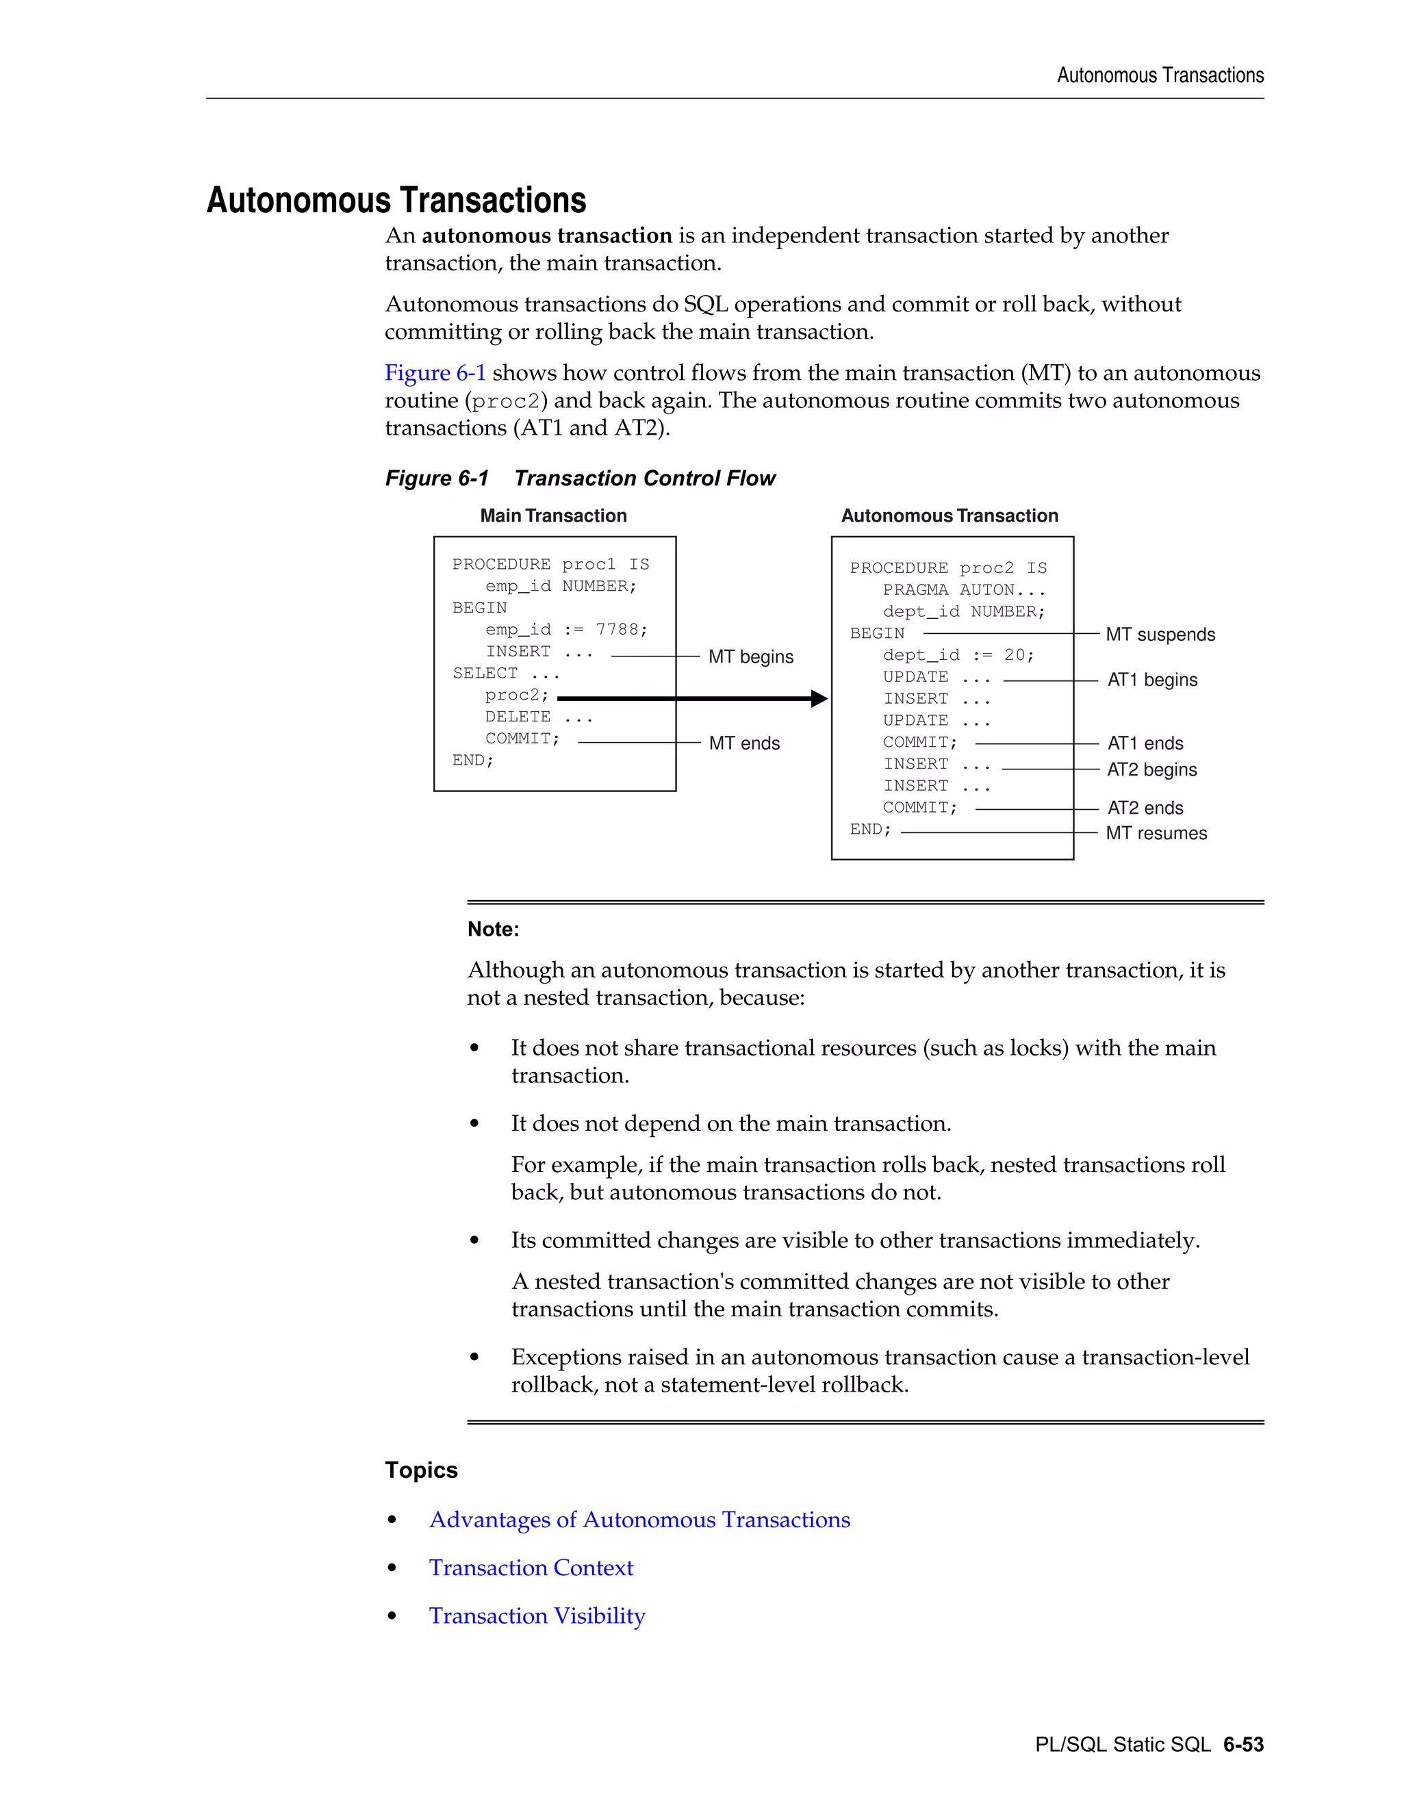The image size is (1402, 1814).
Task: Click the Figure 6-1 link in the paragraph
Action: point(435,373)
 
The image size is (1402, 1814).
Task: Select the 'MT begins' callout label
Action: point(750,657)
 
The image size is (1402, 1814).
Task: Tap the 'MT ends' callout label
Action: point(743,743)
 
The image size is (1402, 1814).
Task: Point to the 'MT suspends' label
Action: point(1160,635)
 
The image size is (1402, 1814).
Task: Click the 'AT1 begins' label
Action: point(1152,680)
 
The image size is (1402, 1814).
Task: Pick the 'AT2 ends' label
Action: point(1145,808)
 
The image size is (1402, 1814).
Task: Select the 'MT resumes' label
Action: point(1156,833)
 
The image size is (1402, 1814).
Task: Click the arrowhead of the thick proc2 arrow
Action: point(819,698)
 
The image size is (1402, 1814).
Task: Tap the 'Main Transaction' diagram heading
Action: point(553,516)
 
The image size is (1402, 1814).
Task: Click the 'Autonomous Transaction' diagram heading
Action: point(949,516)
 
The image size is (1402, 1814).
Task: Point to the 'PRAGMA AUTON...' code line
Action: point(963,589)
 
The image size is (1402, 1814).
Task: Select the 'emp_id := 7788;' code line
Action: point(566,630)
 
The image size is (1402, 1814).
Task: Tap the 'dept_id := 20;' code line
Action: point(958,655)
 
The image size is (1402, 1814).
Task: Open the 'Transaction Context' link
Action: point(531,1568)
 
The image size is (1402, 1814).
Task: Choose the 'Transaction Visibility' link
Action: point(537,1615)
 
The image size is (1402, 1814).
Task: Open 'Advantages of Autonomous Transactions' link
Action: point(639,1519)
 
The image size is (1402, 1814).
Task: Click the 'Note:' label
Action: point(494,930)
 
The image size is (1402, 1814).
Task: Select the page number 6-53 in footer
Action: point(1242,1744)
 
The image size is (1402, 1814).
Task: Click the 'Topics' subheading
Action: point(421,1470)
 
